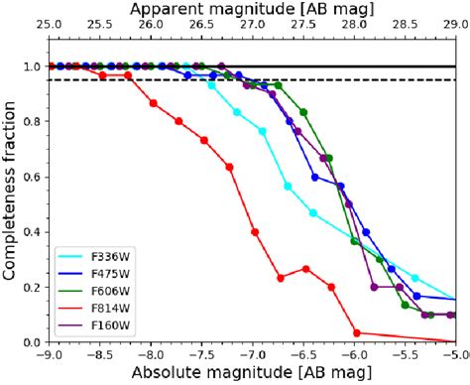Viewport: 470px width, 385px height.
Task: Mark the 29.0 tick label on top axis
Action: click(x=454, y=26)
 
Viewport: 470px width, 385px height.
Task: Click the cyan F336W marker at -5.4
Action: click(x=415, y=278)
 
